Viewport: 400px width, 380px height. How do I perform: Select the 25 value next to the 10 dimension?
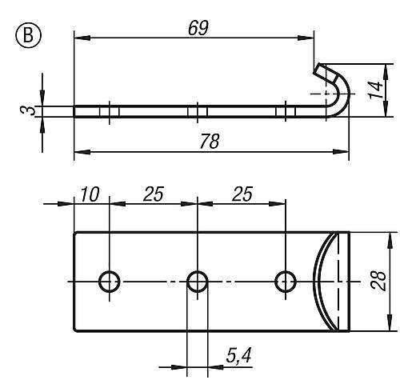154,195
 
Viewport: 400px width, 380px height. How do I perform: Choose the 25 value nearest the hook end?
242,195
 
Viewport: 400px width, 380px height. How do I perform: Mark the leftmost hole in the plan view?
109,281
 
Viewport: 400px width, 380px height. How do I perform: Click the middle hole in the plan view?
197,281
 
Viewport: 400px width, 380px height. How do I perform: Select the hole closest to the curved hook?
285,281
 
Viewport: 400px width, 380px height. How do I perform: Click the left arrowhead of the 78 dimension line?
78,150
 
